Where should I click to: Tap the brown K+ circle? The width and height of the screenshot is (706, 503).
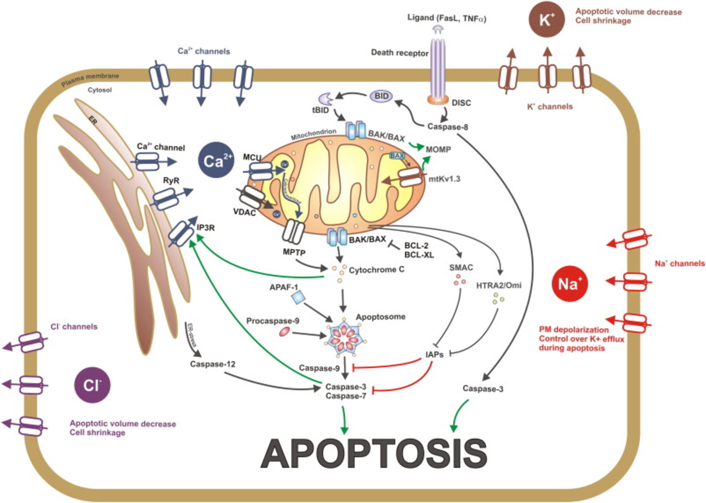coord(546,20)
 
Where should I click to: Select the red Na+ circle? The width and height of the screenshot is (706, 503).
coord(570,284)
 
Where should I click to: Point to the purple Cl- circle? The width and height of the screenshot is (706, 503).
coord(92,385)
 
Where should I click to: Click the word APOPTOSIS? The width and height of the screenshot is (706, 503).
coord(374,454)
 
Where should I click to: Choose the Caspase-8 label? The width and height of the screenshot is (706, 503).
coord(448,126)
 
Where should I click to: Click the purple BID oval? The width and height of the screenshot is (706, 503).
coord(381,96)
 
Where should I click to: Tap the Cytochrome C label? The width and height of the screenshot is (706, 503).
coord(376,270)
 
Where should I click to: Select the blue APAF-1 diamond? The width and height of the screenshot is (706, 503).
coord(298,298)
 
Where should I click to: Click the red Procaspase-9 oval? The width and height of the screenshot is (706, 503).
coord(284,332)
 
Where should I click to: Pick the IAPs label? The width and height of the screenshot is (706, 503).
coord(434,355)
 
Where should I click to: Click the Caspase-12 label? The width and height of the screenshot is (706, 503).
coord(212,364)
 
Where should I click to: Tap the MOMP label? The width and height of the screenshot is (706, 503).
coord(438,149)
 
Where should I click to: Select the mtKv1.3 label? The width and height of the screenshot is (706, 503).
coord(444,179)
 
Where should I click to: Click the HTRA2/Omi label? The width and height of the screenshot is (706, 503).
coord(499,285)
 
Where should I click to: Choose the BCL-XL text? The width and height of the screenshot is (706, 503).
coord(419,254)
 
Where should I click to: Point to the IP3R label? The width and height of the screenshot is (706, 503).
coord(206,228)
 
